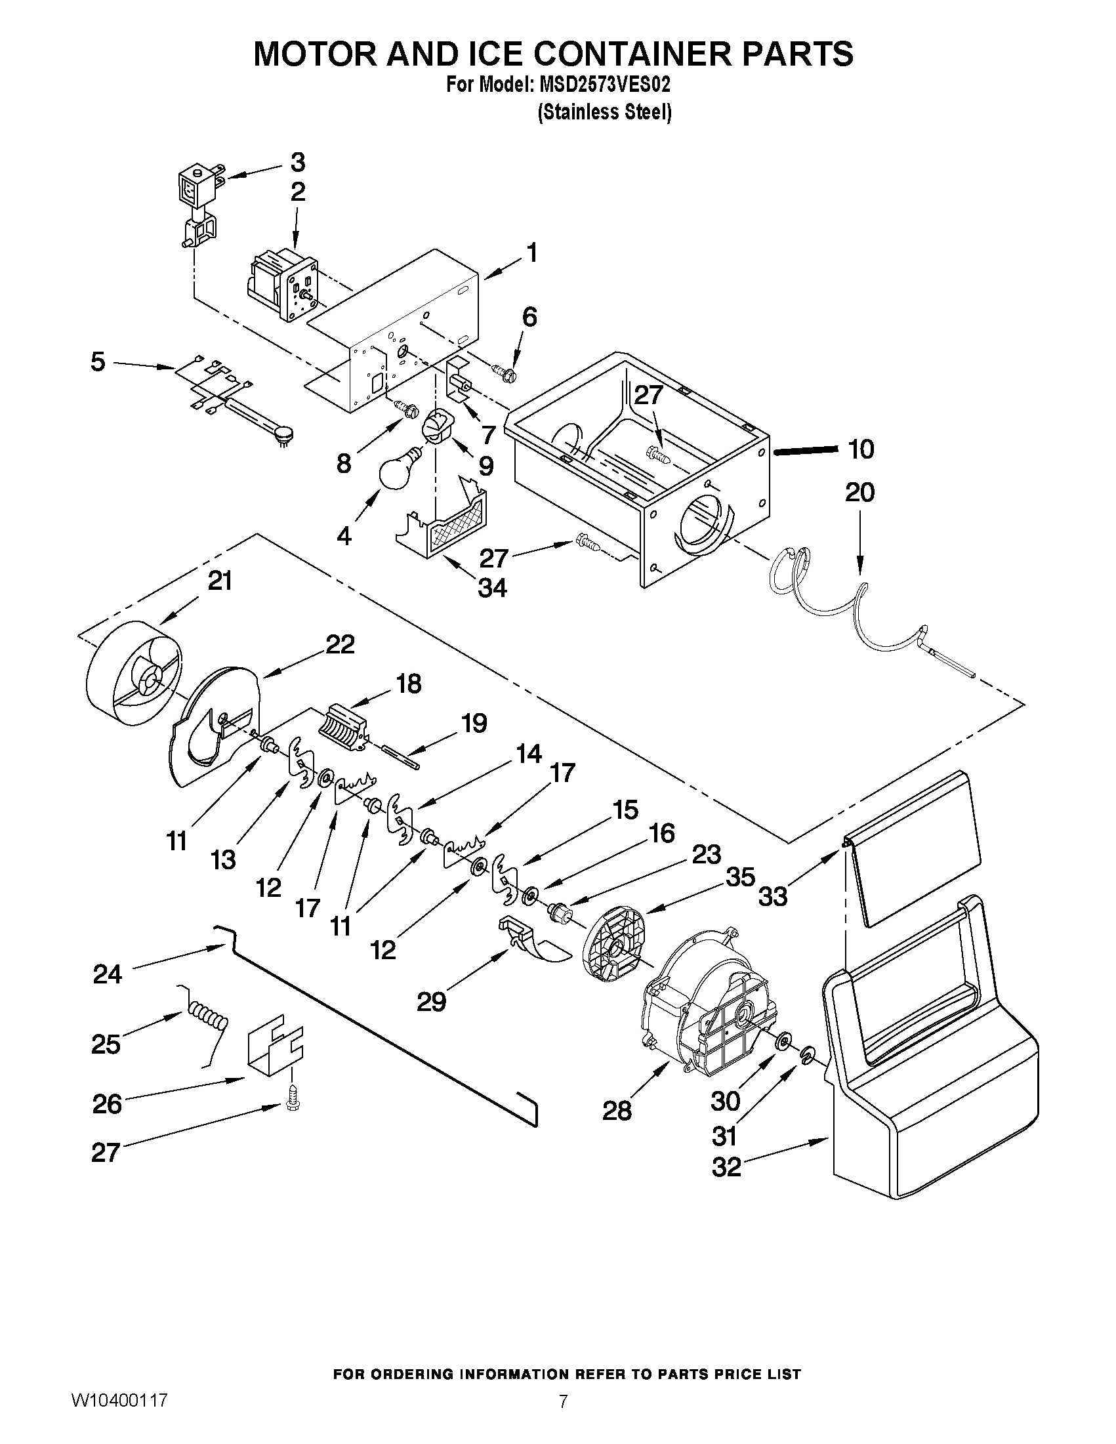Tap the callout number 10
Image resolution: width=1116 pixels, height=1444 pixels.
tap(860, 449)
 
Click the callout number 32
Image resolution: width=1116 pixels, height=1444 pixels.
tap(726, 1167)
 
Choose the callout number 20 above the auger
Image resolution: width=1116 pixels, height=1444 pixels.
tap(859, 493)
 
